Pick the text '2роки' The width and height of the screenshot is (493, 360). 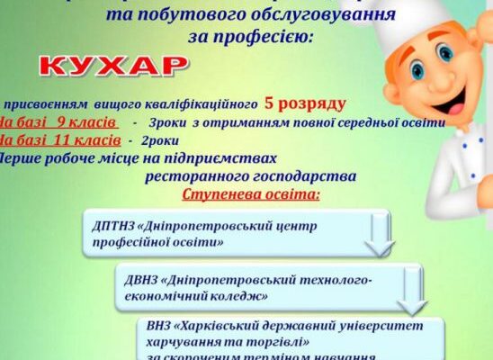[x=160, y=140]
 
